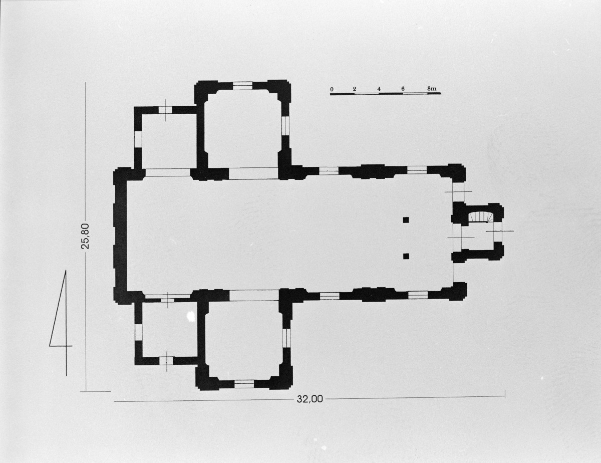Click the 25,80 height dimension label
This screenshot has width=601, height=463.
coord(86,236)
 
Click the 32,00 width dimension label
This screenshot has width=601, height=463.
coord(310,399)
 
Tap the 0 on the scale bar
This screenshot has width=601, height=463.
coord(332,89)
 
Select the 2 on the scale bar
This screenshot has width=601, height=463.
coord(354,89)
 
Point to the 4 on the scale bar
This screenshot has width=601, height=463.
coord(379,89)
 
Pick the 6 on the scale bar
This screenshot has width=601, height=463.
coord(403,89)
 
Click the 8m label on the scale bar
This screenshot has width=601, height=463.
coord(431,89)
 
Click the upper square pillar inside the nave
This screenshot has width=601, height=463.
coord(406,220)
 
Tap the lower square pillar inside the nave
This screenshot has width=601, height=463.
coord(406,256)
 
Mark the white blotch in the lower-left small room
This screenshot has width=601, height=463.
coord(190,316)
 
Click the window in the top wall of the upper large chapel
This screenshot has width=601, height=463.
coord(242,86)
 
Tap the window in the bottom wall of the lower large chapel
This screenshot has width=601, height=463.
coord(244,384)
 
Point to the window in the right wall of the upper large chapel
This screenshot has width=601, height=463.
coord(285,126)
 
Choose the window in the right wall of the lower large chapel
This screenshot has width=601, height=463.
coord(287,338)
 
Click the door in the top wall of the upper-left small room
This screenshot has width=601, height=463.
coord(165,110)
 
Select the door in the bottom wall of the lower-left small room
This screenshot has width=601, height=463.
coord(166,361)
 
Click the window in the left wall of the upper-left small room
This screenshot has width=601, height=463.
coord(138,139)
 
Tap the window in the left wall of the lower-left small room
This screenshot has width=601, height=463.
coord(138,332)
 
